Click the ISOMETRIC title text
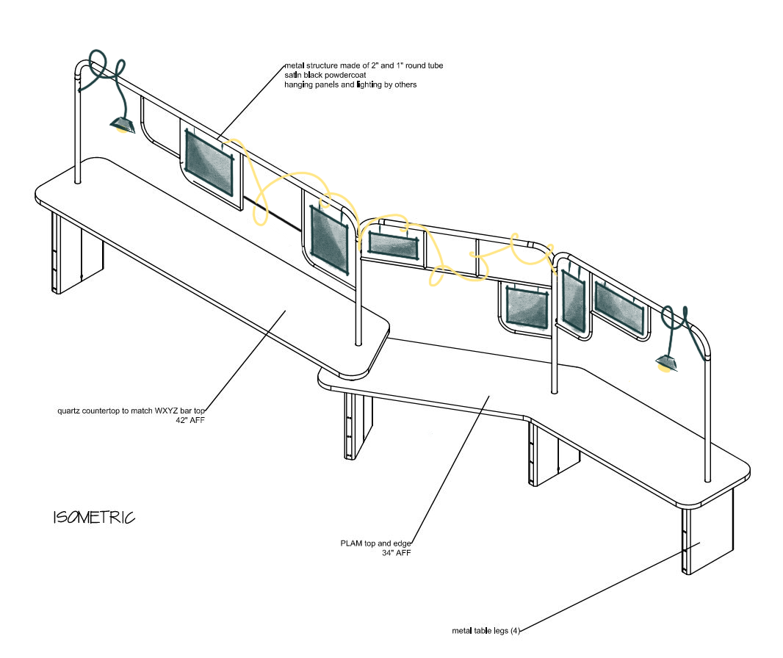click(x=94, y=518)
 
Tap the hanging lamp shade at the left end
click(x=121, y=124)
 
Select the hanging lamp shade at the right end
click(x=666, y=361)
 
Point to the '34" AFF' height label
click(x=395, y=553)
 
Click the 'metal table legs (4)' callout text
click(x=486, y=630)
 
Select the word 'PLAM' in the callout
click(x=351, y=543)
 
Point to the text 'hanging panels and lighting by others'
click(x=350, y=85)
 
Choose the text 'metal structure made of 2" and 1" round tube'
click(x=364, y=66)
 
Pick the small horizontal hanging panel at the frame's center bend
click(x=392, y=245)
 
